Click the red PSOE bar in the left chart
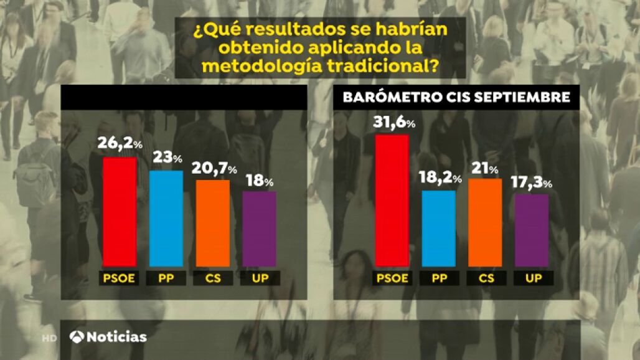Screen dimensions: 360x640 click(120, 212)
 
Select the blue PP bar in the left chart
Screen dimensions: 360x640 click(166, 218)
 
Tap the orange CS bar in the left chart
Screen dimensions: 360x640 click(213, 223)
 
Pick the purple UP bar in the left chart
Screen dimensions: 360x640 click(259, 229)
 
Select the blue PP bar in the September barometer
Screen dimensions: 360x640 click(438, 228)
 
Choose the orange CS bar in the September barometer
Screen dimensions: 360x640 click(485, 222)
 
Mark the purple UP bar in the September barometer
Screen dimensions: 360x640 click(532, 230)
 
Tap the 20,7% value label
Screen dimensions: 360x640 click(215, 168)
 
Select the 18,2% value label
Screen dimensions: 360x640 click(440, 179)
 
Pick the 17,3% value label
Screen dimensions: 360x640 click(534, 182)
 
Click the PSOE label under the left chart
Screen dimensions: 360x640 click(119, 278)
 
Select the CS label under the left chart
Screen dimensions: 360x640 click(213, 278)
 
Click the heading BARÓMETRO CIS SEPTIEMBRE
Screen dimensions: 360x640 click(456, 97)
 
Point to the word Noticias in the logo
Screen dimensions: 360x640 click(116, 337)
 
